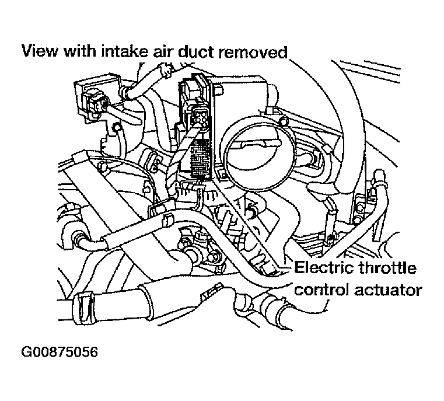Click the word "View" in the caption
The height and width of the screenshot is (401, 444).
[x=39, y=51]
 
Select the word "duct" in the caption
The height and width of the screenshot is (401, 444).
[x=204, y=51]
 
